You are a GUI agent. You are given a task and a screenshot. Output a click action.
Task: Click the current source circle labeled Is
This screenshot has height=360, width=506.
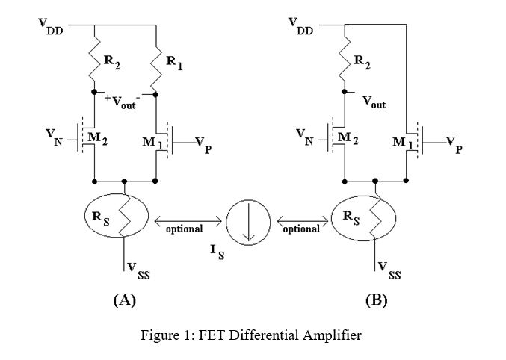coord(249,222)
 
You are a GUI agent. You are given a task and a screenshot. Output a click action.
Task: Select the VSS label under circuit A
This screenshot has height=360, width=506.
coord(138,270)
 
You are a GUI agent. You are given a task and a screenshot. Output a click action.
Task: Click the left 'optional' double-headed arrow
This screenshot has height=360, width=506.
coord(188,221)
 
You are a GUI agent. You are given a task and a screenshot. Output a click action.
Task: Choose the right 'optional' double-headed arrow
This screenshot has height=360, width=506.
coord(302,221)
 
